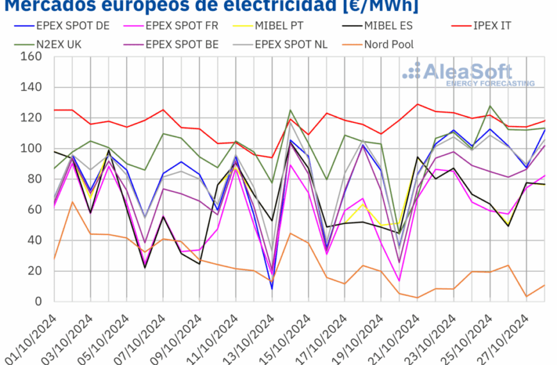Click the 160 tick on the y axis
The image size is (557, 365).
pyautogui.click(x=31, y=56)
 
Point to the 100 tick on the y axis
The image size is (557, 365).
pyautogui.click(x=31, y=149)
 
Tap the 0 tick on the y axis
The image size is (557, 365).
pyautogui.click(x=38, y=302)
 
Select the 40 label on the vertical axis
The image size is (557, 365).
pyautogui.click(x=35, y=240)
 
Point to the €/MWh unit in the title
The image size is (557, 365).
pyautogui.click(x=377, y=6)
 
